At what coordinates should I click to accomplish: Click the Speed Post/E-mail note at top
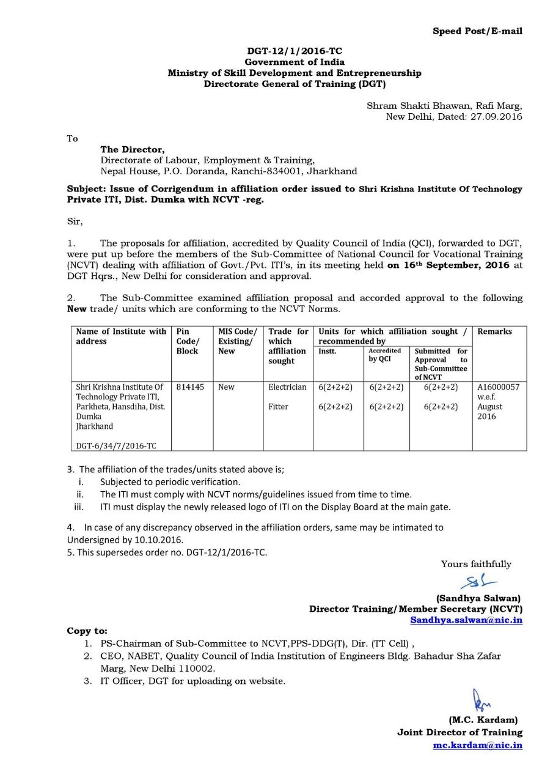click(477, 31)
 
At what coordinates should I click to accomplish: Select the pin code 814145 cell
click(191, 387)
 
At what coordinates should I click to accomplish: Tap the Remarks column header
click(494, 332)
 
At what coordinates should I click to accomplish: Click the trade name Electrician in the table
click(287, 387)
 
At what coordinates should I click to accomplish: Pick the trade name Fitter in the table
click(278, 407)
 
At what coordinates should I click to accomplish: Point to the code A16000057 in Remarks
click(498, 387)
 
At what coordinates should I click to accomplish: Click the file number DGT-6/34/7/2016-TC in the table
click(115, 446)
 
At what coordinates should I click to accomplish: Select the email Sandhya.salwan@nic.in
click(466, 620)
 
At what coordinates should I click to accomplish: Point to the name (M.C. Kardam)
click(483, 720)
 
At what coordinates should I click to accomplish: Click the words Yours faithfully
click(476, 564)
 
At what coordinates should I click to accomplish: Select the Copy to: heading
click(87, 631)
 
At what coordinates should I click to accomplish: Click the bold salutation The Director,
click(133, 149)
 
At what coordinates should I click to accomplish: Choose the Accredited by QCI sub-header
click(385, 355)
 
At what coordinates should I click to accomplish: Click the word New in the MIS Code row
click(226, 387)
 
